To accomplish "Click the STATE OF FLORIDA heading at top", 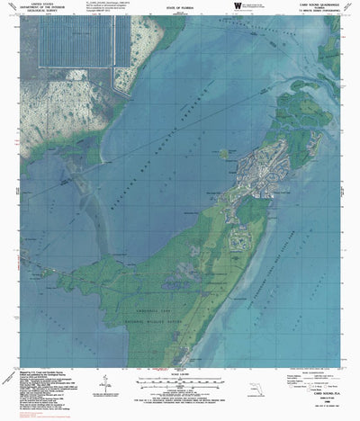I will pyautogui.click(x=178, y=11).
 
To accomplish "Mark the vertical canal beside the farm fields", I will pyautogui.click(x=111, y=45).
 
